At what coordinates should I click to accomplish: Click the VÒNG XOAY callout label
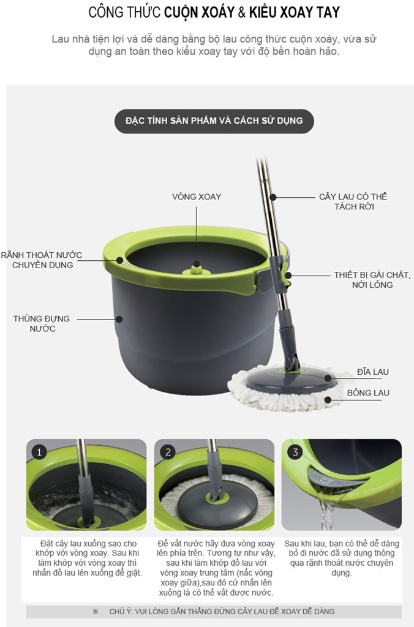[197, 197]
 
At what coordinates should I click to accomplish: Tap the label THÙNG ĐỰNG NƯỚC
[42, 323]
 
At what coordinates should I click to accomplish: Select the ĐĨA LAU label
[373, 372]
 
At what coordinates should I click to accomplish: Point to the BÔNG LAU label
[368, 392]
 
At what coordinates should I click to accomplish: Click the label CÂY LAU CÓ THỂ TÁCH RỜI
[353, 201]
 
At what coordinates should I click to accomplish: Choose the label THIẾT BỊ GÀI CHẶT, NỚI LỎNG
[372, 280]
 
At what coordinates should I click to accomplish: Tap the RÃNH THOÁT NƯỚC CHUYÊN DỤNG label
[42, 260]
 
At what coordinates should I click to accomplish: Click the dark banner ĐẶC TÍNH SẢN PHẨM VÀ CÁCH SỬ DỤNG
[214, 121]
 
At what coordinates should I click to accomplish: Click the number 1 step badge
[39, 452]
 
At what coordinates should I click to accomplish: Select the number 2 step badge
[168, 452]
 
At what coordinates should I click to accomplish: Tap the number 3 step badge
[295, 452]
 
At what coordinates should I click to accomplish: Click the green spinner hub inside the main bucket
[197, 269]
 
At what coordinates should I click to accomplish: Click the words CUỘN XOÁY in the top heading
[199, 12]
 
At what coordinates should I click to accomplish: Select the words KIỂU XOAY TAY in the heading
[295, 12]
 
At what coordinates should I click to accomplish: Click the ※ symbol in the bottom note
[95, 612]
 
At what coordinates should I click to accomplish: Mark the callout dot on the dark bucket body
[119, 319]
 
